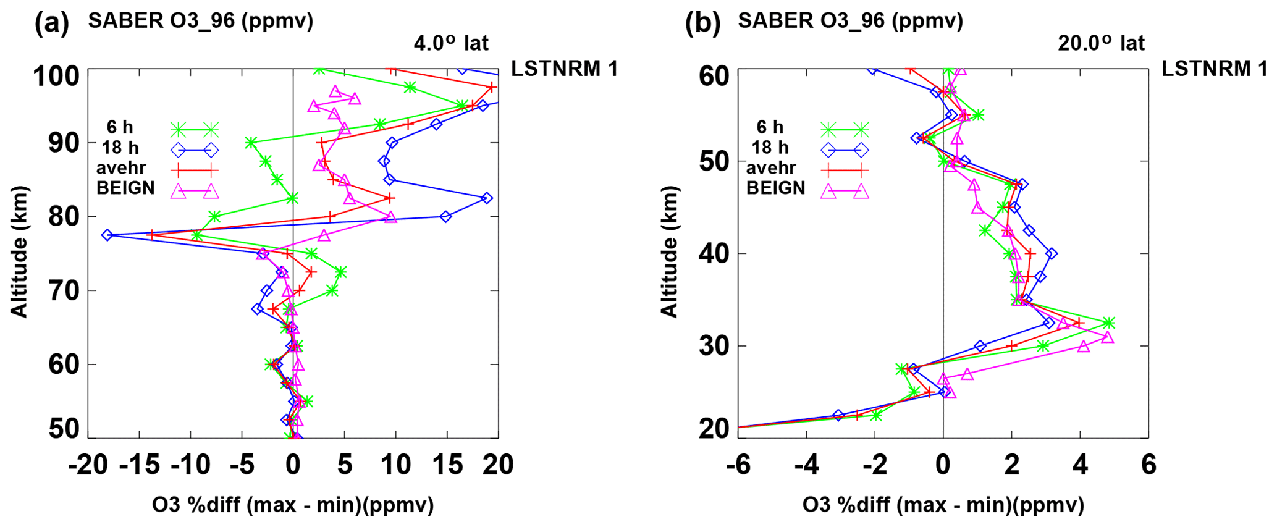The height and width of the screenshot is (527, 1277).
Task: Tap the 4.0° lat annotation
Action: (451, 43)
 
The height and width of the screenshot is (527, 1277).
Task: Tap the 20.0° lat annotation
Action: (1101, 43)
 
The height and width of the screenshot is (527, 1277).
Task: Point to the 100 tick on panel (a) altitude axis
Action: (56, 77)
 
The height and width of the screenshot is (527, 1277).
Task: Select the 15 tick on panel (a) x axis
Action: (447, 465)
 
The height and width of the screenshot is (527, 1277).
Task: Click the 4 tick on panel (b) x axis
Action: (1080, 465)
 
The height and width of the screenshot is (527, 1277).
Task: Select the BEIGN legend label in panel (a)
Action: (125, 188)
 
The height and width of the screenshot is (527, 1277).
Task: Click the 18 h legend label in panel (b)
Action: (770, 148)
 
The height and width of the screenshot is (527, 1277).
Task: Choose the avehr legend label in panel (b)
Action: (770, 168)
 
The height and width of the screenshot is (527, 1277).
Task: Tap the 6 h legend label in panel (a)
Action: (120, 127)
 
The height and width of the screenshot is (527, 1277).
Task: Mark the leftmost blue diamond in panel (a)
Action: (107, 235)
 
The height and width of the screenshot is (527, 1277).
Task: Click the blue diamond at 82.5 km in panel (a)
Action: (487, 198)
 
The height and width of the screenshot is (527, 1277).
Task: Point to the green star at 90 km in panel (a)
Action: (251, 143)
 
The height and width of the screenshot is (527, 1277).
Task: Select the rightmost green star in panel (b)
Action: (1108, 323)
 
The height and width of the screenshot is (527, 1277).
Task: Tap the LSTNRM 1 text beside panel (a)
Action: (564, 69)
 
